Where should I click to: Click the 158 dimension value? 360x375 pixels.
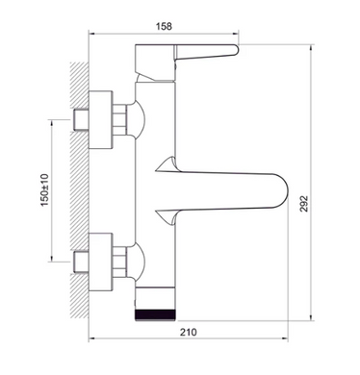164,26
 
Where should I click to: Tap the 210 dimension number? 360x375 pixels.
189,332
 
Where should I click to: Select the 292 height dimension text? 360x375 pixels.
303,204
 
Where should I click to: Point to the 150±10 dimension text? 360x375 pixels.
44,190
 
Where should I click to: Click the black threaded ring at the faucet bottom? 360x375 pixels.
156,314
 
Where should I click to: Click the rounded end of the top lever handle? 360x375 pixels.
236,50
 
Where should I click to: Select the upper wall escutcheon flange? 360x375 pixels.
100,120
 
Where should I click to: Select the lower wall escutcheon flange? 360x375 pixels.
100,262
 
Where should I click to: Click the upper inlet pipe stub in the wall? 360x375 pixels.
81,120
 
